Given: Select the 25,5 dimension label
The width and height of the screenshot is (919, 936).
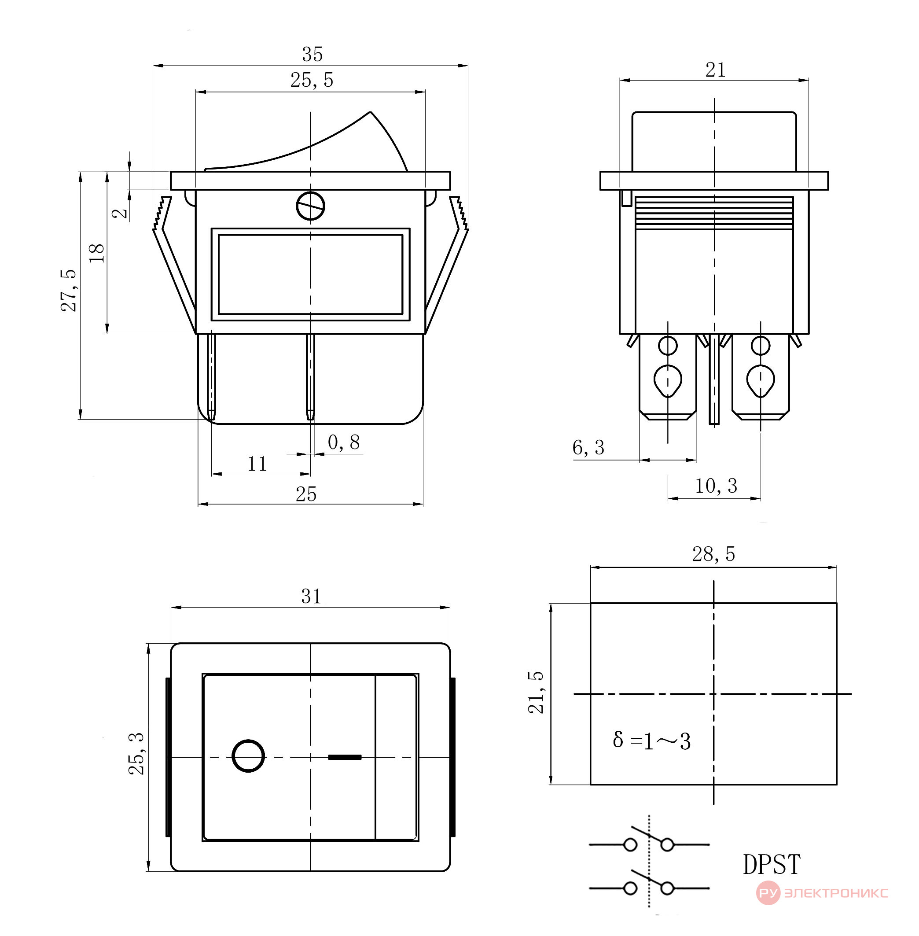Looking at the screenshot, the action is click(312, 80).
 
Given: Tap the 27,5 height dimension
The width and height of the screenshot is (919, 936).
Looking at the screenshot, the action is click(69, 290).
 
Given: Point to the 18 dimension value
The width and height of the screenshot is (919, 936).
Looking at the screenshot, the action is click(97, 252).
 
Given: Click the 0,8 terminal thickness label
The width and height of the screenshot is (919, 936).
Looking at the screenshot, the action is click(344, 442).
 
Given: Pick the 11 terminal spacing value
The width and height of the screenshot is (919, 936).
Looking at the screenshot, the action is click(257, 464).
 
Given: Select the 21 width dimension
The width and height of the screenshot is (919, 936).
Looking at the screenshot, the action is click(715, 70).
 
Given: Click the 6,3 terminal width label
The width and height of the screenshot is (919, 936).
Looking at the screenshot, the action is click(588, 448).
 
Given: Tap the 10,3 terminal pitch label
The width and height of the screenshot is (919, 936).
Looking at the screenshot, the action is click(716, 486).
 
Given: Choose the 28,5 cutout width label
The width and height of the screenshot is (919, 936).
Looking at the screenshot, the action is click(713, 554).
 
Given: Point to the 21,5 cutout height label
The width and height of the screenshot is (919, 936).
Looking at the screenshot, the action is click(536, 692).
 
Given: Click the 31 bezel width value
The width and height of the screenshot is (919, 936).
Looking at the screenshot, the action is click(311, 597).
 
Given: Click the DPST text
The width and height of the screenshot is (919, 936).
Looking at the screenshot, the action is click(771, 864).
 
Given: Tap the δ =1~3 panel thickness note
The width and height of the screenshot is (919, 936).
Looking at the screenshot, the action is click(651, 741).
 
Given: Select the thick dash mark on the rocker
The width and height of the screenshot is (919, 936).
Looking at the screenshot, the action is click(345, 757).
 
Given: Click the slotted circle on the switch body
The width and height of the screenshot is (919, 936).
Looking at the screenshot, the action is click(310, 206).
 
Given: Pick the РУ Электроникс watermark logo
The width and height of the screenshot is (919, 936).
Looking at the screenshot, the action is click(822, 892).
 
